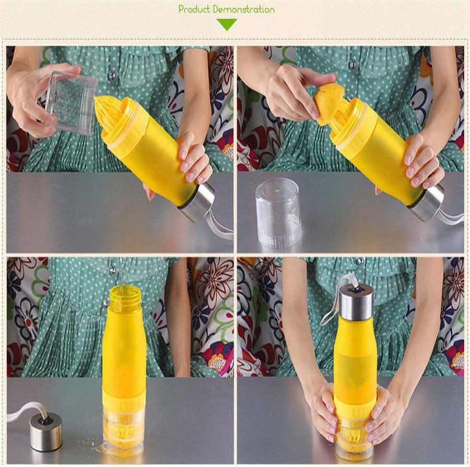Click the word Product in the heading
point(194,9)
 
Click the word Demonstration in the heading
point(243,9)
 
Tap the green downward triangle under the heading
point(227,24)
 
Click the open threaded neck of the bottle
point(125,296)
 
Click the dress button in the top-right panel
point(352,65)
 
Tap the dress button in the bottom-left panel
point(111,270)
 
